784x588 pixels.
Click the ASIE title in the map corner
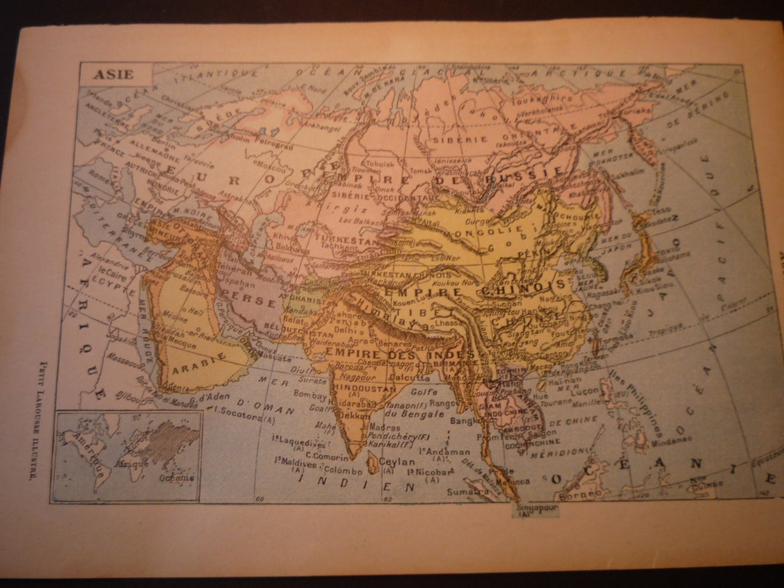tap(114, 75)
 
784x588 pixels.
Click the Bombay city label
tap(309, 396)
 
